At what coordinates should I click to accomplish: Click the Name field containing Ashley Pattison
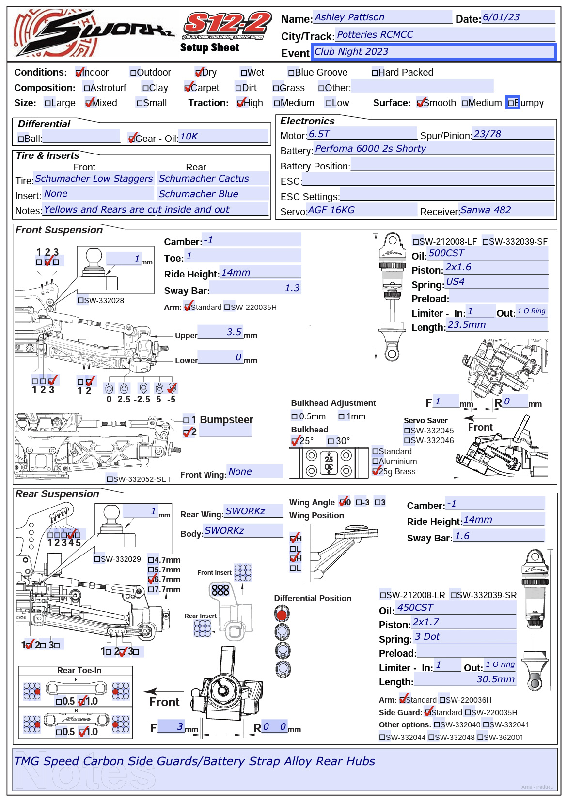click(x=382, y=17)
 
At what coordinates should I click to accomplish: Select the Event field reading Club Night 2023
click(x=433, y=52)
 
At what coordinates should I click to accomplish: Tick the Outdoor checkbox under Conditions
click(x=133, y=73)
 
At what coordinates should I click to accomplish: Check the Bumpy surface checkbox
click(x=511, y=103)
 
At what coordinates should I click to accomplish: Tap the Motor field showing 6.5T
click(x=362, y=134)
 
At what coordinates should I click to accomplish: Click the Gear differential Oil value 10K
click(x=223, y=137)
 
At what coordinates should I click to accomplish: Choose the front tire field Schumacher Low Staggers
click(x=94, y=179)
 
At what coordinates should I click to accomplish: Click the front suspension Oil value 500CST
click(x=488, y=253)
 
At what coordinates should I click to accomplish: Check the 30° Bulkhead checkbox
click(x=331, y=441)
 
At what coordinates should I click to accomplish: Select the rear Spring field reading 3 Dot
click(x=464, y=637)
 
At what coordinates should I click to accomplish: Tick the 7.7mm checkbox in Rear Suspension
click(x=151, y=590)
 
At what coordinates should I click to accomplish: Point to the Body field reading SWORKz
click(x=243, y=531)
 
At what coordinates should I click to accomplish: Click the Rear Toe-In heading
click(x=79, y=671)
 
